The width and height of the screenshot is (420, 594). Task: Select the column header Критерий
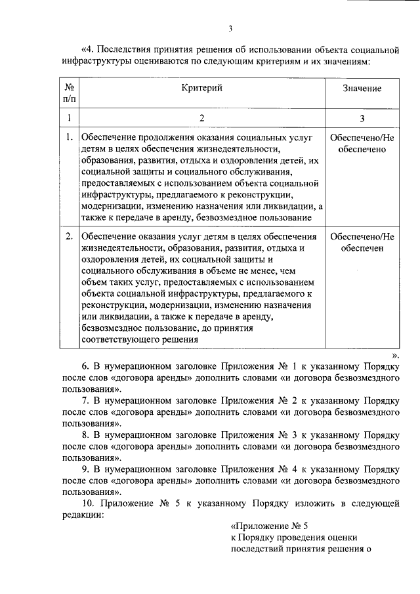point(202,88)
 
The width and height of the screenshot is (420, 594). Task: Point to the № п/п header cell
point(69,93)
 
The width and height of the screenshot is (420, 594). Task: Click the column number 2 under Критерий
point(202,118)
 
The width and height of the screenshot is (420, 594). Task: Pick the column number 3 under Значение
point(362,118)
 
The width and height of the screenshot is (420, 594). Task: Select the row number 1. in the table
point(69,137)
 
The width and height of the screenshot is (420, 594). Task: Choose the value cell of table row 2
point(362,243)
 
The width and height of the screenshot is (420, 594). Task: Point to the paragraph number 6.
point(85,367)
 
